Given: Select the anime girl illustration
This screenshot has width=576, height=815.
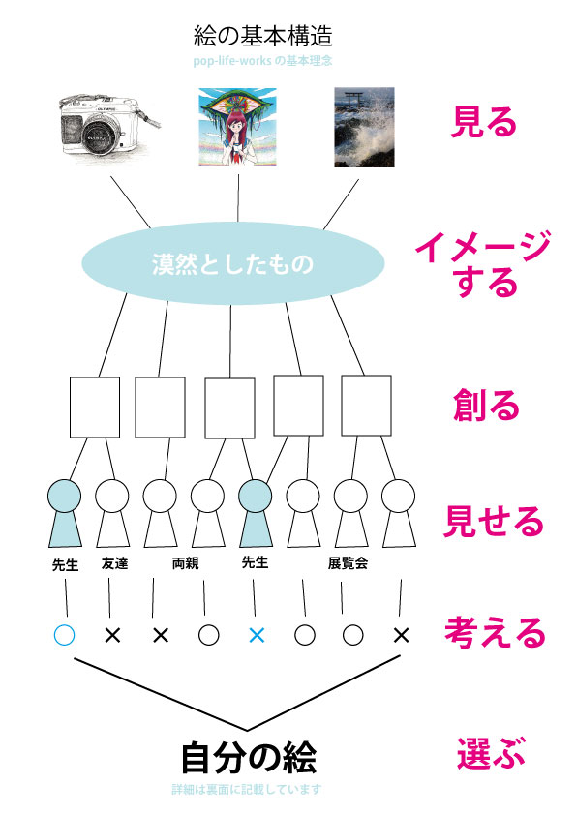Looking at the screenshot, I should [238, 127].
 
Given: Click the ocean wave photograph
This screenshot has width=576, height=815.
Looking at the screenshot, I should [364, 128].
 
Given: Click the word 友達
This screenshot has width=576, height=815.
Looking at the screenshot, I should [114, 563].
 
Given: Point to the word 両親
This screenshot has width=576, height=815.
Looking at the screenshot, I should [185, 563].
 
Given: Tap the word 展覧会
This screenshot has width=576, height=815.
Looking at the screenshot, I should [348, 563].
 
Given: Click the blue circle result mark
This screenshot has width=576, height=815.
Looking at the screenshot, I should [65, 635].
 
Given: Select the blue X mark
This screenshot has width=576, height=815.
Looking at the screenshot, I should [256, 635].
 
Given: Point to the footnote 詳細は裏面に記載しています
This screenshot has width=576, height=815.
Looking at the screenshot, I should [246, 790].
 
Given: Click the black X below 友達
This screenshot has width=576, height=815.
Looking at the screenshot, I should [113, 635].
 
